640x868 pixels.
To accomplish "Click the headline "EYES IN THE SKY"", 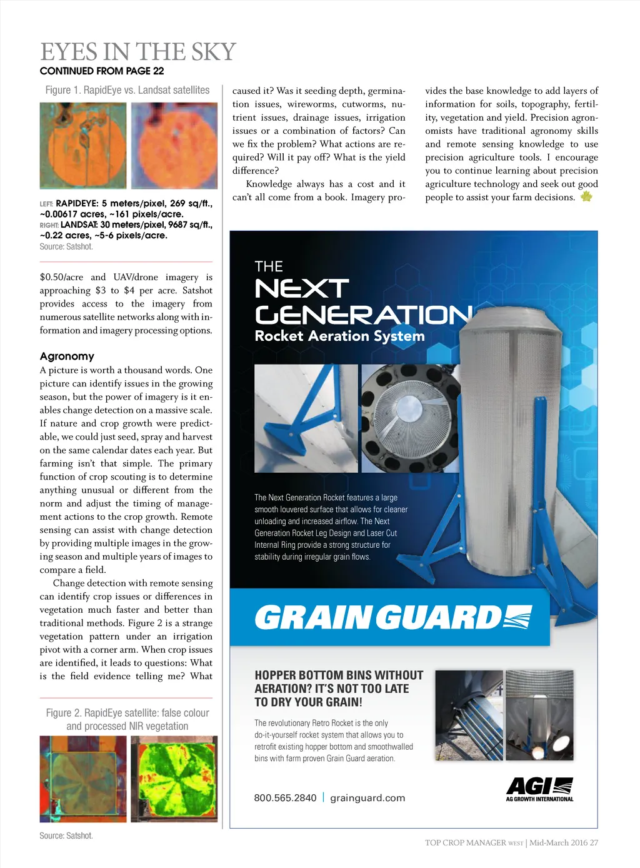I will point(138,52).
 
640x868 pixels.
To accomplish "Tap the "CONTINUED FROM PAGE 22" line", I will point(102,71).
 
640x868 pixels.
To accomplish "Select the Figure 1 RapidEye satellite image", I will point(83,146).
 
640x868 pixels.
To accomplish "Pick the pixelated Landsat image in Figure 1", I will point(174,146).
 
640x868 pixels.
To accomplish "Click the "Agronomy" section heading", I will point(67,356).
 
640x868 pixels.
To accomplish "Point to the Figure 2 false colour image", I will point(83,779).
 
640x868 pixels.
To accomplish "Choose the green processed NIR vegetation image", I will point(174,779).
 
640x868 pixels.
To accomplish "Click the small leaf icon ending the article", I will point(586,196).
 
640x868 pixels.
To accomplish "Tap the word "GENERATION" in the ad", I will point(362,315).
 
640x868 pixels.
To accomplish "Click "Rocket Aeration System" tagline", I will point(339,336).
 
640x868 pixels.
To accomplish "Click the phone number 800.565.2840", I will point(285,798).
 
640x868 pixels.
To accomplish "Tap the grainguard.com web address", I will point(367,798).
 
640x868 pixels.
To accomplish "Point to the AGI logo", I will point(539,789).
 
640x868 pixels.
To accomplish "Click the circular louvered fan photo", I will point(410,418).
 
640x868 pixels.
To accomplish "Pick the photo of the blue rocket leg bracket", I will point(306,418).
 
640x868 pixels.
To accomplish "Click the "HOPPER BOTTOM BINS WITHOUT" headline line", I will point(339,675).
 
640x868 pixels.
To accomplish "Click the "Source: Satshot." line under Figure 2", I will point(66,835).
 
